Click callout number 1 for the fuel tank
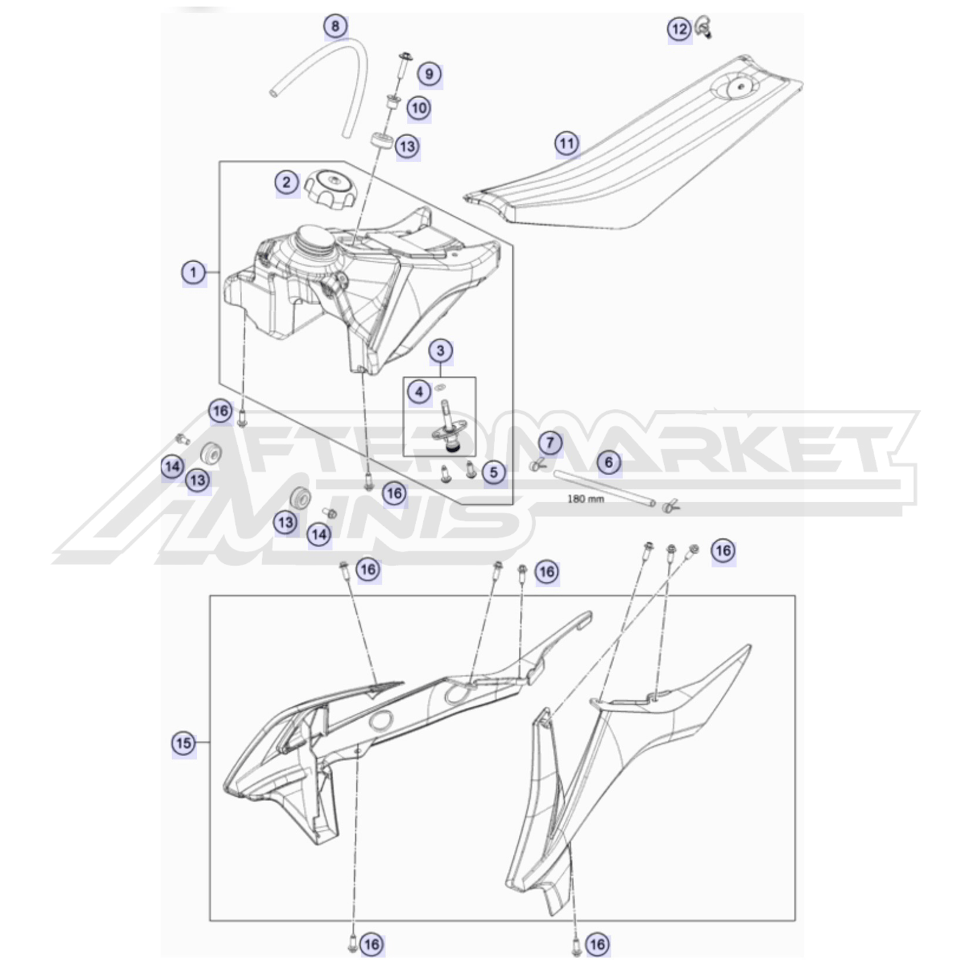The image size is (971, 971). (x=194, y=273)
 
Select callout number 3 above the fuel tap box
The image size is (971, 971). (x=440, y=350)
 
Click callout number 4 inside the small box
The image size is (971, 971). (x=419, y=391)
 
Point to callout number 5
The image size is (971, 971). (x=494, y=472)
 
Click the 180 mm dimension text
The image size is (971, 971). (x=585, y=499)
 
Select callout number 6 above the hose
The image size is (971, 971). (x=609, y=462)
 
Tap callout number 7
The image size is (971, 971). (x=550, y=443)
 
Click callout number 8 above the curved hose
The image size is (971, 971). (x=335, y=25)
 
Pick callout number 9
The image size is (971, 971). (x=429, y=74)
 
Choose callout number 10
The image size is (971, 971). (x=419, y=108)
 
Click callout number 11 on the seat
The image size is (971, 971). (x=567, y=144)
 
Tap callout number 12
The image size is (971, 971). (x=679, y=29)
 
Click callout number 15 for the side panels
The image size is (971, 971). (x=183, y=743)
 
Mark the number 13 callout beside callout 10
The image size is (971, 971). (x=407, y=146)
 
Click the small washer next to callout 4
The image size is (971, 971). (x=440, y=387)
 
